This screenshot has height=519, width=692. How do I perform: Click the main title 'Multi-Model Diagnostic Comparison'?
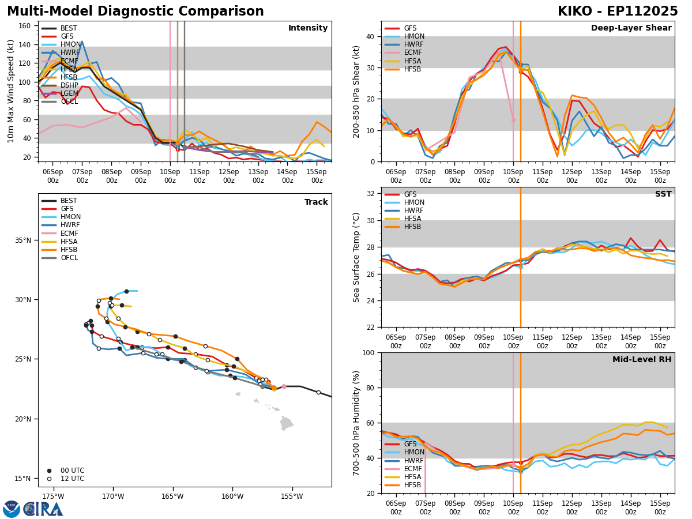[136, 12]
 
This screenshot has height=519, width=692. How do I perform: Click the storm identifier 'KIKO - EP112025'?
[618, 12]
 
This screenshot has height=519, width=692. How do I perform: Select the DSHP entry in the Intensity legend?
[69, 85]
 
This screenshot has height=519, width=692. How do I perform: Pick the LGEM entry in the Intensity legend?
[69, 93]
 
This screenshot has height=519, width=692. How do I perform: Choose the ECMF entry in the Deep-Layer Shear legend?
[412, 53]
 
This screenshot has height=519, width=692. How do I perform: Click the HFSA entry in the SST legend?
[412, 219]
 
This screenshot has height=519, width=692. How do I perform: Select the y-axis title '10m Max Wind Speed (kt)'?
[11, 91]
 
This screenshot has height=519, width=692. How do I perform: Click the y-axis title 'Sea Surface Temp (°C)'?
[356, 257]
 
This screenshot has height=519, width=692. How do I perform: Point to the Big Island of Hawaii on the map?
[287, 424]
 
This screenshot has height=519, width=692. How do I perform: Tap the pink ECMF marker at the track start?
[284, 386]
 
